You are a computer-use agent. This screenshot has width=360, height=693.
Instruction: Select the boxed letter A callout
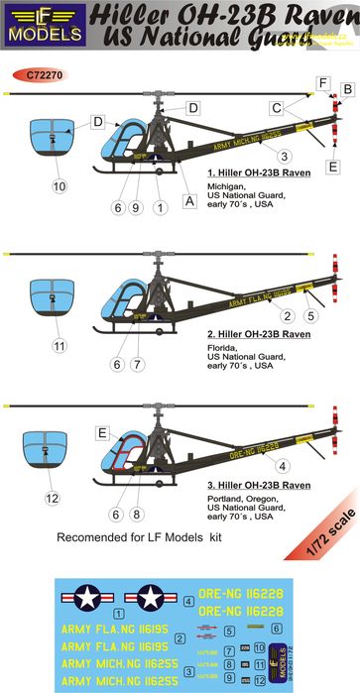(189, 198)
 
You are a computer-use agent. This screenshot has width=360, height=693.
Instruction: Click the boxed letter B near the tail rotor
(347, 90)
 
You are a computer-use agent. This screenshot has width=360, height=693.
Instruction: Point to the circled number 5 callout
(309, 316)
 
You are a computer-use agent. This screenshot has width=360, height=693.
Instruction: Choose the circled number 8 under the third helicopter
(140, 515)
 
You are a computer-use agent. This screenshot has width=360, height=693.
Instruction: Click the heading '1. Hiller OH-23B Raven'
(254, 173)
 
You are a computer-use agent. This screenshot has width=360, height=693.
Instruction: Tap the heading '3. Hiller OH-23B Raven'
(254, 484)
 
